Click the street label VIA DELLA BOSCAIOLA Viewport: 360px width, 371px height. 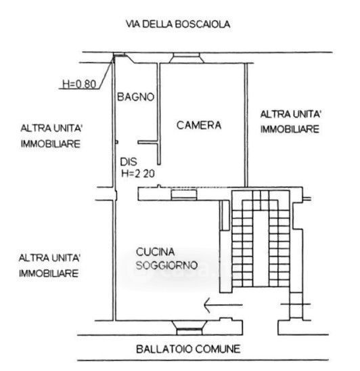pos(178,24)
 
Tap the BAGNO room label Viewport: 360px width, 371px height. pos(136,97)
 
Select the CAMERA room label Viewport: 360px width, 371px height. pos(199,125)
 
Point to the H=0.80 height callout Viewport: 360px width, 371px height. pos(79,84)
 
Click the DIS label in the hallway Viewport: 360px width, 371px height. pos(129,162)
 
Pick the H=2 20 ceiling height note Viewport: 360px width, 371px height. pos(138,174)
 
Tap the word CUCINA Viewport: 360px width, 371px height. pos(156,252)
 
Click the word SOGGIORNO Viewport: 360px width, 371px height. pos(166,265)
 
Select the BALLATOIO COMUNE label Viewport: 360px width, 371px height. pos(188,349)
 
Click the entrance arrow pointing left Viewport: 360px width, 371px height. pos(223,305)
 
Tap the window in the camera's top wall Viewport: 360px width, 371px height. pos(186,58)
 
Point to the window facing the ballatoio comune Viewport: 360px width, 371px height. pos(189,328)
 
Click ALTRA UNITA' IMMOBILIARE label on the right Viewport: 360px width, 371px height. pos(290,122)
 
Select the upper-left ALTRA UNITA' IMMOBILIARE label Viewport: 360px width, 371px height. pos(51,136)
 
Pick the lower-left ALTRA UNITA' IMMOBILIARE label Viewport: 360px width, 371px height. pos(49,265)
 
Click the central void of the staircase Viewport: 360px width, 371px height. pos(261,248)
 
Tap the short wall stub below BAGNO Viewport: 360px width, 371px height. pos(148,142)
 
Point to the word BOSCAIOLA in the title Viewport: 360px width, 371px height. pos(202,24)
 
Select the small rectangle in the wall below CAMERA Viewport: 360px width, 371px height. pos(184,194)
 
